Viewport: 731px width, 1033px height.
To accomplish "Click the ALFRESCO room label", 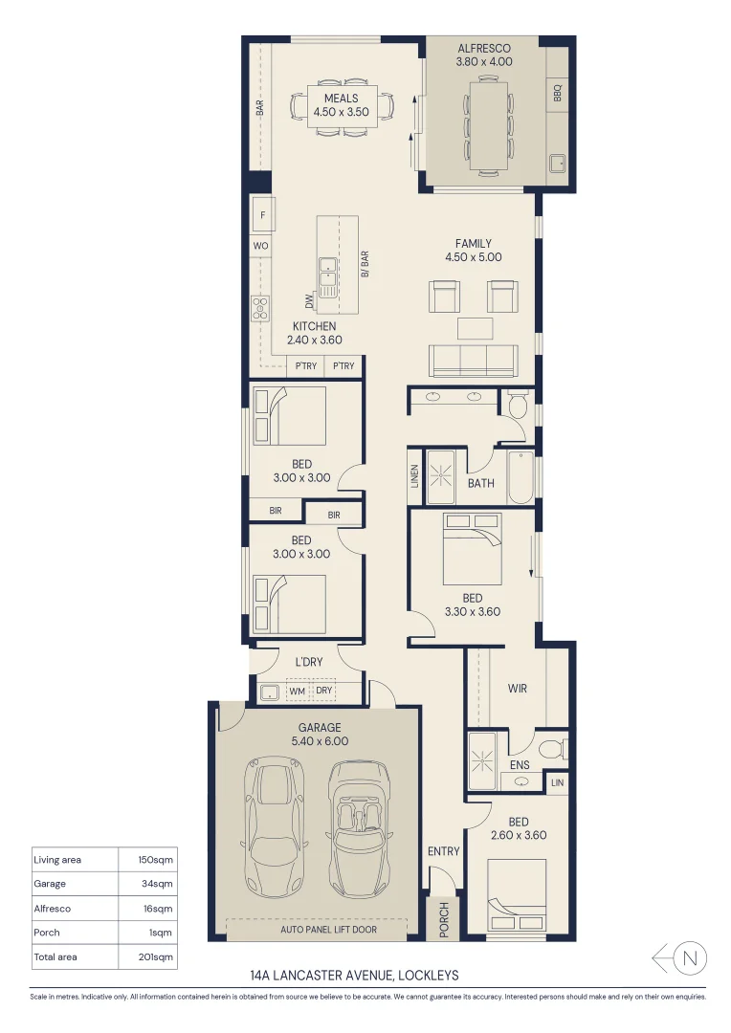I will [x=484, y=48].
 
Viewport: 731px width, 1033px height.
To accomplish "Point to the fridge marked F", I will [x=262, y=214].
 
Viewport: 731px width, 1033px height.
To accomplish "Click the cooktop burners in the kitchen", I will [x=260, y=308].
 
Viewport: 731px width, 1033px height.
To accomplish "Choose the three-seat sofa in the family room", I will [x=475, y=361].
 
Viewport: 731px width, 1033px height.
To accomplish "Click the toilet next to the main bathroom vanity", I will [x=518, y=405].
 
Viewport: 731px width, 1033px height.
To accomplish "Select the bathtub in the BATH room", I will [x=521, y=476].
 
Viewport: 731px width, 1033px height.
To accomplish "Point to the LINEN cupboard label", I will [x=415, y=476].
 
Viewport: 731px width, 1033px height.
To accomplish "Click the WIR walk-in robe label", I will [x=517, y=689].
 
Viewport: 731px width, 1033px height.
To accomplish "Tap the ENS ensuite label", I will [x=519, y=765].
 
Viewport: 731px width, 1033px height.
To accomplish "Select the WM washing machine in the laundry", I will [x=297, y=691].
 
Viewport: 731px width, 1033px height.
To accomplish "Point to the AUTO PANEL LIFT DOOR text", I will [x=328, y=929].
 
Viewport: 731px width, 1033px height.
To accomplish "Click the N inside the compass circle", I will [x=694, y=957].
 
